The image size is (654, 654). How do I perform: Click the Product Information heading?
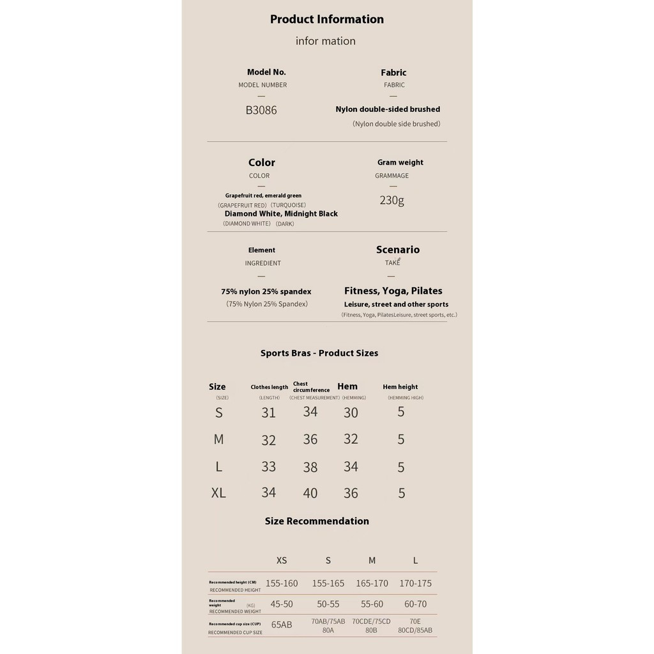pos(326,19)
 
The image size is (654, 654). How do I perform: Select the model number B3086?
pos(261,110)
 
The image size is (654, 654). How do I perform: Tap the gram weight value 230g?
pos(392,200)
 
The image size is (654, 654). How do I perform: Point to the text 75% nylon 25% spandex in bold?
pos(266,291)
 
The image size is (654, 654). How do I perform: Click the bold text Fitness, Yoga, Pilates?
pos(393,291)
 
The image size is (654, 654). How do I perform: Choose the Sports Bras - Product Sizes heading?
pos(319,353)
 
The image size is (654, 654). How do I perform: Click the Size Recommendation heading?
pos(317,521)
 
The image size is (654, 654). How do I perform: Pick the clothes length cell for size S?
pos(268,413)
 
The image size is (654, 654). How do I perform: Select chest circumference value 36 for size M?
pos(310,439)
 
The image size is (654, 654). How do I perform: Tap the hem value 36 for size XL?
pos(351,493)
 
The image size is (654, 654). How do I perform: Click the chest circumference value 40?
pos(310,493)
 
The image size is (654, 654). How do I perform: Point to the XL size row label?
pos(218,493)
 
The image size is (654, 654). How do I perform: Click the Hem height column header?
pos(400,386)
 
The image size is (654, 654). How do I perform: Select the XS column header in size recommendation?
pos(282,560)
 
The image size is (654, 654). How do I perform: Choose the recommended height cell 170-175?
pos(415,583)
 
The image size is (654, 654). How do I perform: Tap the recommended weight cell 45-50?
pos(282,604)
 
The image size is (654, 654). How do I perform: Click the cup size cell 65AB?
pos(282,625)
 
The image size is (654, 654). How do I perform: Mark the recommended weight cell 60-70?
pos(415,604)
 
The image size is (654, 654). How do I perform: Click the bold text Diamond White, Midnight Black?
pos(281,213)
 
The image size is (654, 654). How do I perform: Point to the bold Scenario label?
pos(397,250)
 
